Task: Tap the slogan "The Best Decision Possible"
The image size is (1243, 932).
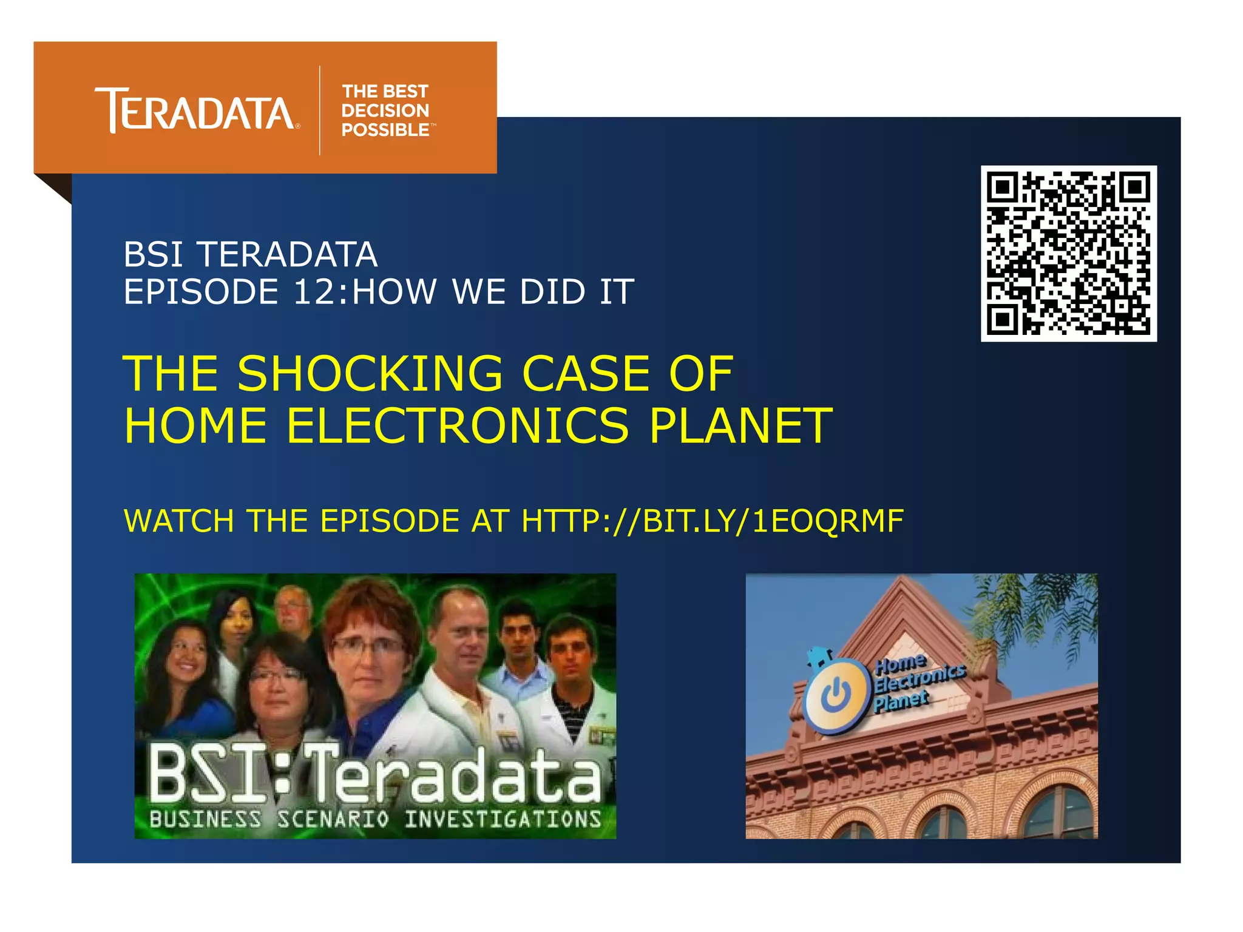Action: tap(386, 110)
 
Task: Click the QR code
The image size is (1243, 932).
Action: tap(1068, 254)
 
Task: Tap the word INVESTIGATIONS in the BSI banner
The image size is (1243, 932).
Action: tap(503, 819)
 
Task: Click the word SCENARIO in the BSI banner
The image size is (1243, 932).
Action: tap(333, 819)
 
